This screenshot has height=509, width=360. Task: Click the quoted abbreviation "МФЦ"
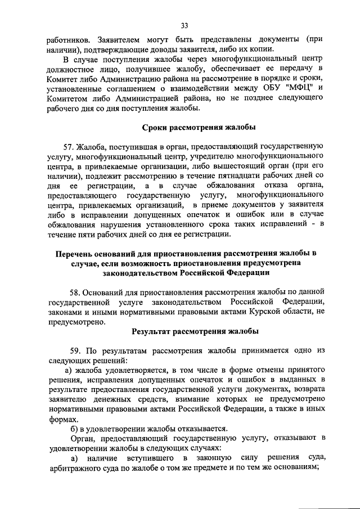(294, 88)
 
